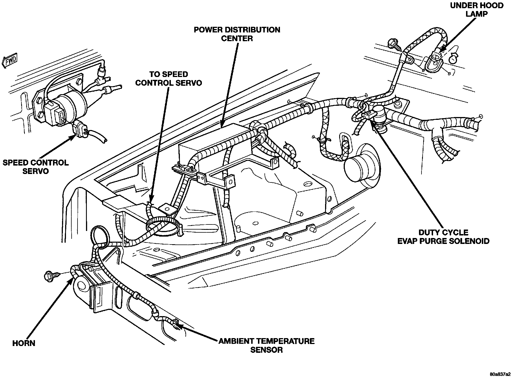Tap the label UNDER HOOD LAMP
pos(476,10)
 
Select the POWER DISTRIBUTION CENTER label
pos(237,34)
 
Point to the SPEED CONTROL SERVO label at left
pos(36,167)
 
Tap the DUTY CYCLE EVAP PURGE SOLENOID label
pos(443,237)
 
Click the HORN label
pos(24,343)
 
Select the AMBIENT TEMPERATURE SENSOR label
pos(266,345)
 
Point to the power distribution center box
pos(214,144)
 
